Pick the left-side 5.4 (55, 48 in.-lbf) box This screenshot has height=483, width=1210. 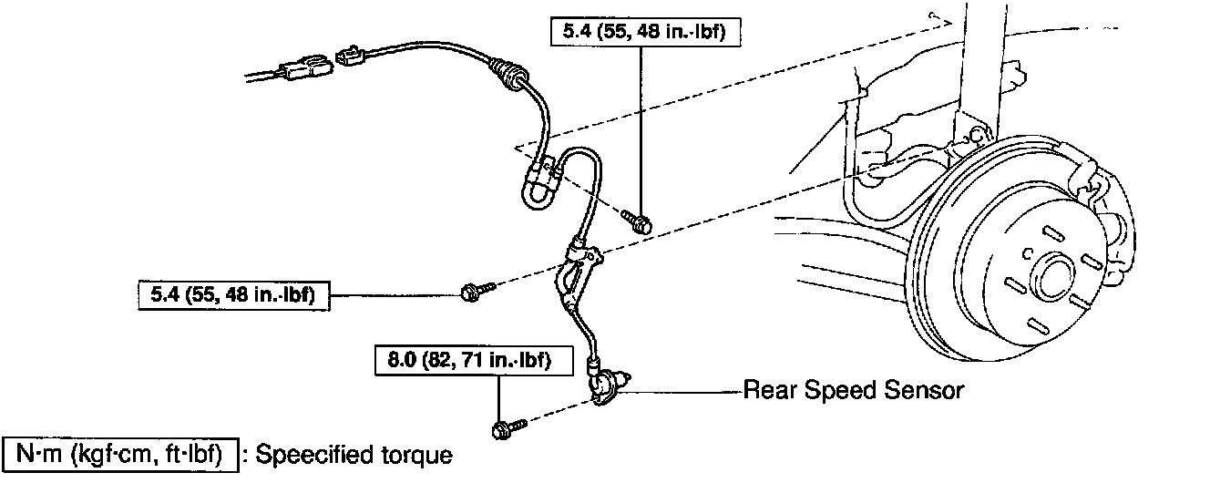click(232, 294)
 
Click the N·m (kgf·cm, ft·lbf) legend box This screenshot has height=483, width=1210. click(122, 453)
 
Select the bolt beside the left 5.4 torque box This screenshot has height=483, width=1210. click(476, 291)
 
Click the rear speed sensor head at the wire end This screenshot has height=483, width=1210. click(606, 382)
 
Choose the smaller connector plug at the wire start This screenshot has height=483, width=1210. click(352, 56)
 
